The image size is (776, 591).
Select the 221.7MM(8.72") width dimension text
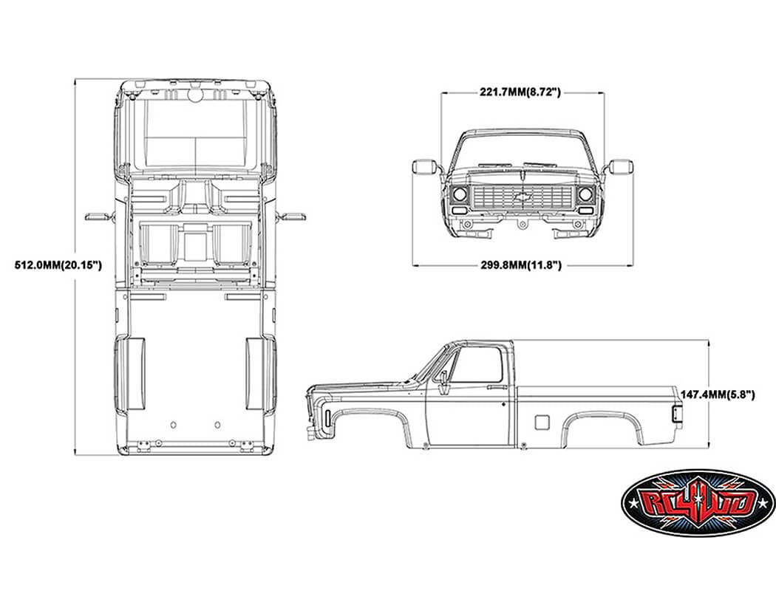pos(521,92)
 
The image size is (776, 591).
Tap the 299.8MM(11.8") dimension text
pos(521,264)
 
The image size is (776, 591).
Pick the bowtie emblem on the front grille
pos(523,197)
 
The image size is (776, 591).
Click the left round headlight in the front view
pos(459,195)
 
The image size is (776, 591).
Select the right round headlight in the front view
pos(586,195)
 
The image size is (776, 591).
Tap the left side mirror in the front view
pos(424,166)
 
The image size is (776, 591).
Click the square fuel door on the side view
pos(542,423)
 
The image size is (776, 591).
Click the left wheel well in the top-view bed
pos(132,373)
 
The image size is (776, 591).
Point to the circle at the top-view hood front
pos(196,95)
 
